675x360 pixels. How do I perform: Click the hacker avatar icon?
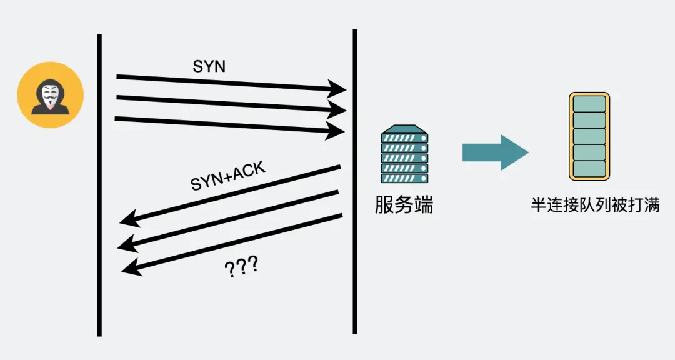click(x=50, y=95)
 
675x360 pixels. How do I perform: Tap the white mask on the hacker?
click(x=49, y=94)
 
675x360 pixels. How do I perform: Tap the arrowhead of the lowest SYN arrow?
click(x=336, y=131)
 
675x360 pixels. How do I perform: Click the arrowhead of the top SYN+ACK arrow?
click(x=129, y=219)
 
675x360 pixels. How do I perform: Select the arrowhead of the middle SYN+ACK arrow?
click(x=127, y=243)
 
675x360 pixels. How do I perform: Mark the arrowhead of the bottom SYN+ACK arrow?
click(x=130, y=267)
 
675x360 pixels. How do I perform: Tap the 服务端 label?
click(x=404, y=205)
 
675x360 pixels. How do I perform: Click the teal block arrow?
click(x=495, y=152)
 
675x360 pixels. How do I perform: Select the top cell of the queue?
click(x=589, y=104)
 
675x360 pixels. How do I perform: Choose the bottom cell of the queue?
click(x=589, y=168)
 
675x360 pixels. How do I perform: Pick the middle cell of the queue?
click(x=589, y=136)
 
